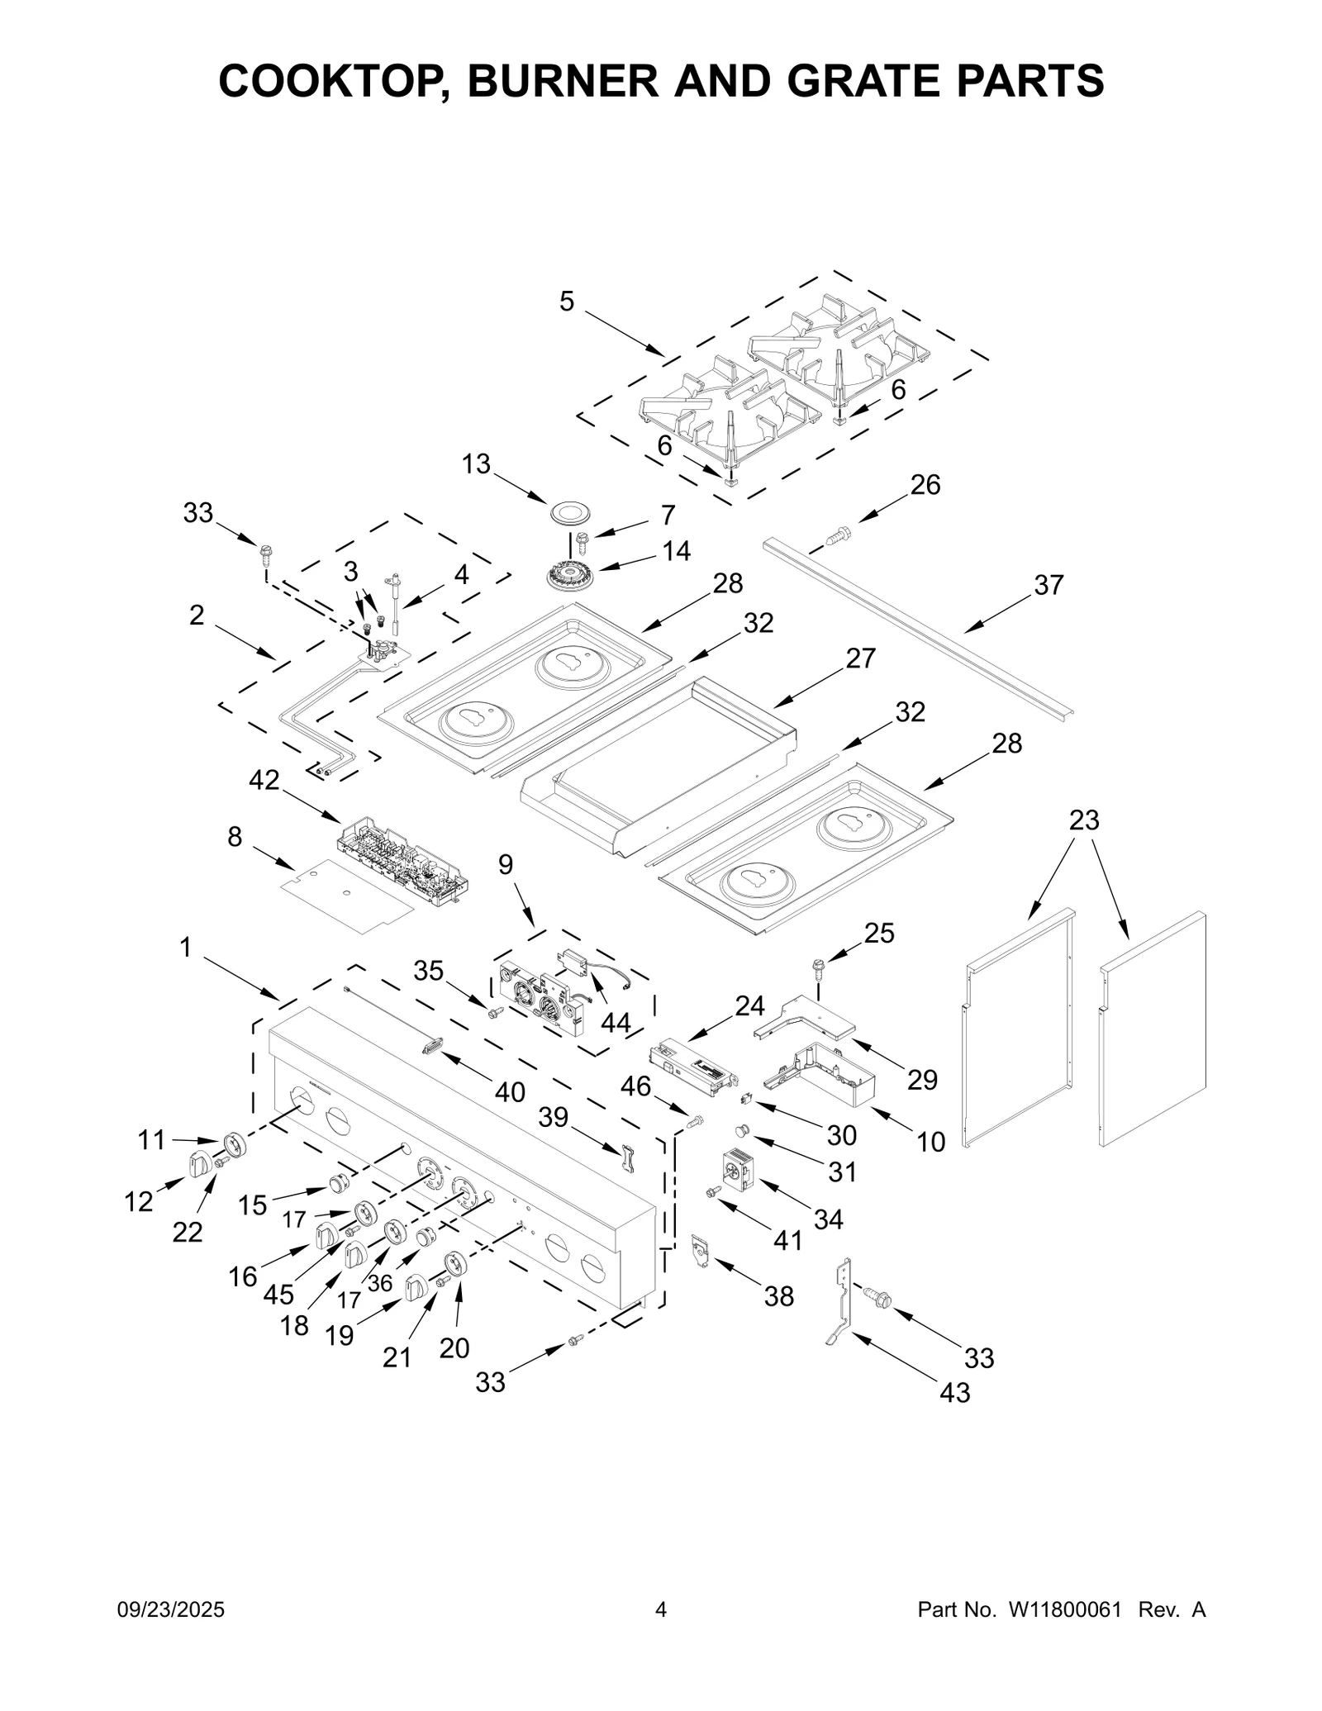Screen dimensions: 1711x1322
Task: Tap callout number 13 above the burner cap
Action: (x=476, y=464)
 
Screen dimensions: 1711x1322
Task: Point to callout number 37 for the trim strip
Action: (x=1049, y=585)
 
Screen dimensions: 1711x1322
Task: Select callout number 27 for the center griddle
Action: (x=860, y=658)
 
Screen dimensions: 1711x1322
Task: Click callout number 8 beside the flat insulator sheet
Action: (x=235, y=837)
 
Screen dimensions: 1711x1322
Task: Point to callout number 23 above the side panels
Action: (x=1084, y=820)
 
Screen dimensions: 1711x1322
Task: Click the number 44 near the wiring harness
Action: (x=616, y=1023)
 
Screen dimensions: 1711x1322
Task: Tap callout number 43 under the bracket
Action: (x=954, y=1393)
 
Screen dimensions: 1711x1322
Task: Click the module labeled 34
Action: (x=737, y=1169)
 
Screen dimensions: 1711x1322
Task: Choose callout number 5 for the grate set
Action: (x=566, y=302)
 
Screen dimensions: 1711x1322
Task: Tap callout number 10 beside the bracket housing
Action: (x=931, y=1142)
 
